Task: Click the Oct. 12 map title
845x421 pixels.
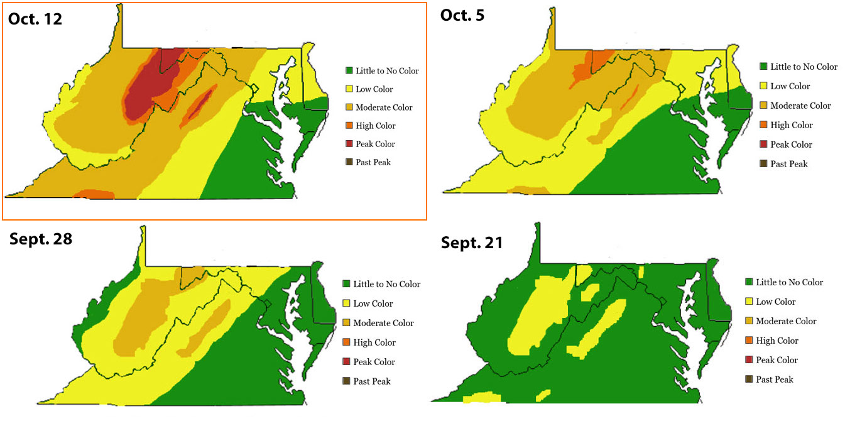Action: (35, 18)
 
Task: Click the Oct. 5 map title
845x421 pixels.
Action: (462, 15)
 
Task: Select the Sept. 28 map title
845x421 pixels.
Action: (41, 239)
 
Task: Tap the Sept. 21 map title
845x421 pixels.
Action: (472, 243)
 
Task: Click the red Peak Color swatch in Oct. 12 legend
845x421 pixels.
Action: (349, 144)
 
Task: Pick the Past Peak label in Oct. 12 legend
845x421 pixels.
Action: (373, 162)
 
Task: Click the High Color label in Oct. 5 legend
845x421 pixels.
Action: (791, 125)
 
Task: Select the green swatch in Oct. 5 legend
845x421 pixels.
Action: (763, 67)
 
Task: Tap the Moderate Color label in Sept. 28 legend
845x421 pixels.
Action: (383, 323)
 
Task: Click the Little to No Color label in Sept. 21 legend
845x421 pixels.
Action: (789, 282)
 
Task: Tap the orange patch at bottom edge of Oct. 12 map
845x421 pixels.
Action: (94, 195)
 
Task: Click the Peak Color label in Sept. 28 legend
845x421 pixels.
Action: (374, 362)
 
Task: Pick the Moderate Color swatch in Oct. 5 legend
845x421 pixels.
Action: (763, 106)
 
